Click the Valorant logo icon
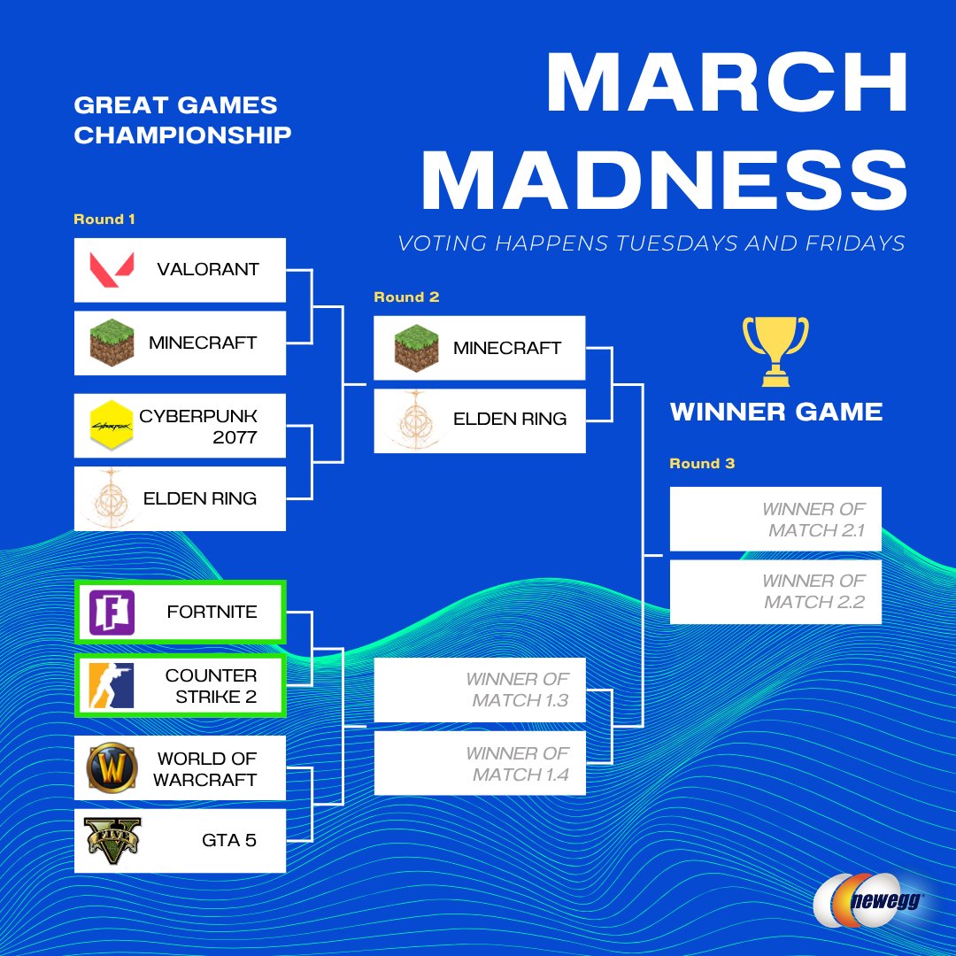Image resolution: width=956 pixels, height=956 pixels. coord(112,269)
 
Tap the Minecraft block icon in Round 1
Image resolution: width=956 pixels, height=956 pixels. coord(112,343)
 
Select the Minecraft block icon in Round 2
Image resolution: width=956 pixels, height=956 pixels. coord(417,348)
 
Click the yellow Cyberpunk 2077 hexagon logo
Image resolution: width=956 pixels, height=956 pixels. coord(112,426)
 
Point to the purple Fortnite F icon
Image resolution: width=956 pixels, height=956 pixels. coord(112,612)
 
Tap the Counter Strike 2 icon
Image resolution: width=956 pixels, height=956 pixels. coord(112,685)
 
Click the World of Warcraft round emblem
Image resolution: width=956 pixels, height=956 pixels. coord(112,768)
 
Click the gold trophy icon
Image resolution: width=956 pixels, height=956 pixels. coord(775,351)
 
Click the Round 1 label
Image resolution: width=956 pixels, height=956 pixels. coord(104,220)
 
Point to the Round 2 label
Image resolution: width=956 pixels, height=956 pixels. coord(406,297)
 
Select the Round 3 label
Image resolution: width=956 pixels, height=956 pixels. coord(702,464)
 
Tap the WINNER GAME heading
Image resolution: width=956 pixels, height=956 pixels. coord(776,412)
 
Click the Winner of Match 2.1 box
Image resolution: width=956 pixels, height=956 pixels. coord(775,520)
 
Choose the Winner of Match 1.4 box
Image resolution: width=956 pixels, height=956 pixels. coord(479,764)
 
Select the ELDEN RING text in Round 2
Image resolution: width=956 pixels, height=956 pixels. coord(510,420)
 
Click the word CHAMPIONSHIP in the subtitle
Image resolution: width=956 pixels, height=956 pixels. coord(182,135)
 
